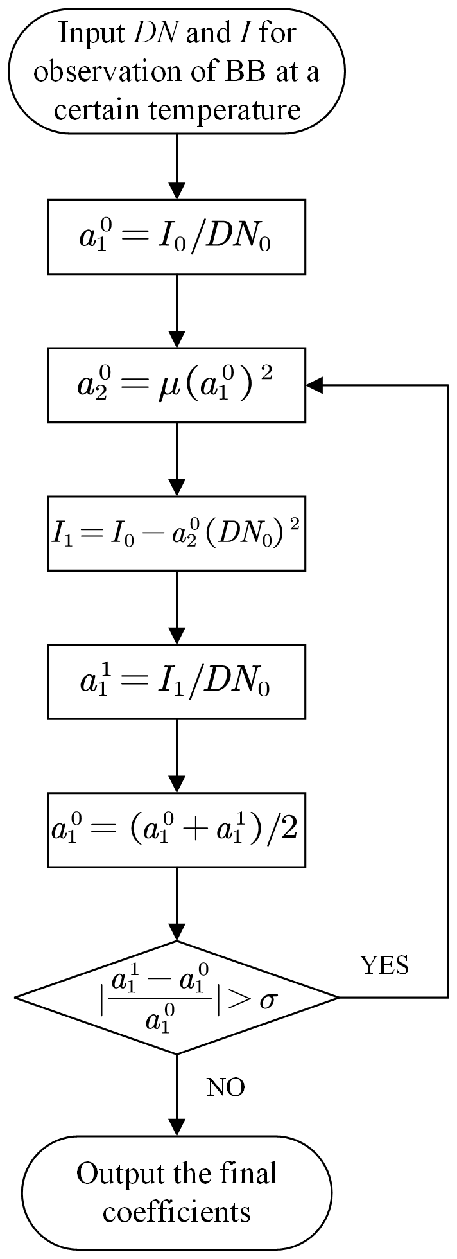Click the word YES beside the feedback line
pyautogui.click(x=384, y=965)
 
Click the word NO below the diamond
pyautogui.click(x=226, y=1087)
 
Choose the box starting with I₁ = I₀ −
pyautogui.click(x=177, y=533)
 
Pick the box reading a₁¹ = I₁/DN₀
pyautogui.click(x=177, y=682)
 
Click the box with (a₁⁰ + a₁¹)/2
pyautogui.click(x=177, y=829)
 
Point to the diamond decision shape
pyautogui.click(x=177, y=998)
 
